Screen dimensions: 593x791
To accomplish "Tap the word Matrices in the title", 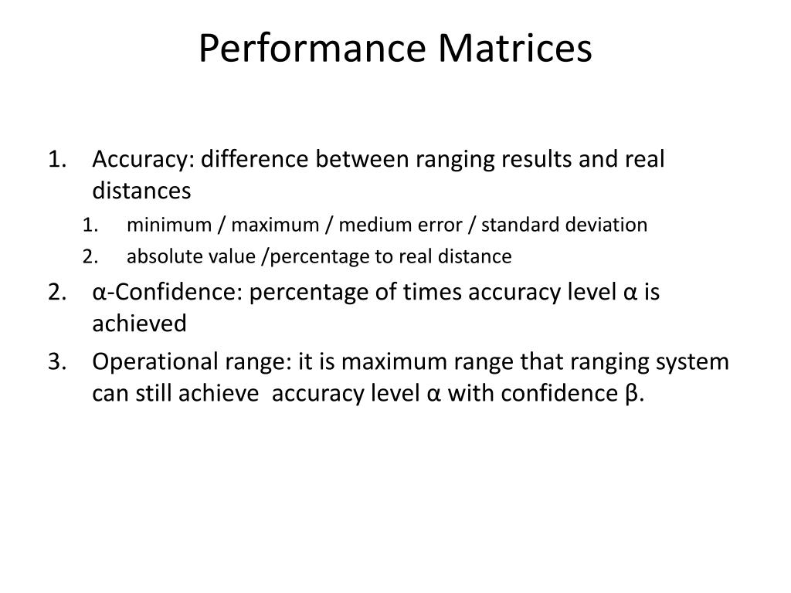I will coord(516,48).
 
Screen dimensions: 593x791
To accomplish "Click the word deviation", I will coord(608,225).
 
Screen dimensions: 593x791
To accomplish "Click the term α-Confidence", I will coord(160,293).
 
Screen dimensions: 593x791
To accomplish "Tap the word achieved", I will coord(139,324).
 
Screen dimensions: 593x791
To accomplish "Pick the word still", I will coord(153,393).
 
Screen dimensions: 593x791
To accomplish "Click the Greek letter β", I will coord(631,393).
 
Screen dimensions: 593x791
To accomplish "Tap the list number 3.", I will coord(56,362).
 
